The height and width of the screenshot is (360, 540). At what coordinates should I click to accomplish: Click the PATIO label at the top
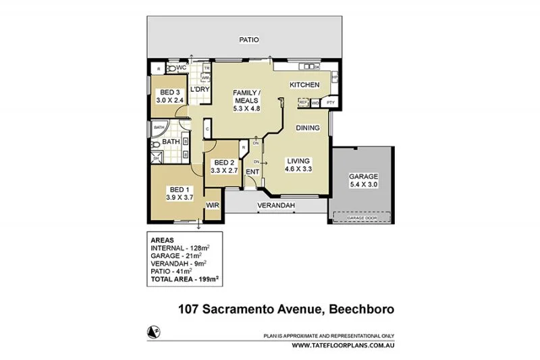pos(249,40)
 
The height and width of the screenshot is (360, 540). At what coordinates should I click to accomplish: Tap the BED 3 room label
pos(169,93)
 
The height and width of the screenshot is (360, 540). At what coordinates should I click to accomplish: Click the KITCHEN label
pos(304,85)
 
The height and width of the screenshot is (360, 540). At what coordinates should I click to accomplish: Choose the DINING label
pos(308,128)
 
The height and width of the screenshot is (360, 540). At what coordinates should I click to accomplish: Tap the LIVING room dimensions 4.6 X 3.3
pos(298,170)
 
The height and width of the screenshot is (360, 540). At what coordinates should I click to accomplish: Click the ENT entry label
pos(252,172)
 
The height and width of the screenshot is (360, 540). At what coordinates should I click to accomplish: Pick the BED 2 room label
pos(223,163)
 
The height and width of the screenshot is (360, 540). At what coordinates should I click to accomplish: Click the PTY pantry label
pos(330,102)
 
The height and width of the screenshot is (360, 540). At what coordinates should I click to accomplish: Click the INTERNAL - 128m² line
pos(181,249)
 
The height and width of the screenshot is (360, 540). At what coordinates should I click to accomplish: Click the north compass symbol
pos(153,330)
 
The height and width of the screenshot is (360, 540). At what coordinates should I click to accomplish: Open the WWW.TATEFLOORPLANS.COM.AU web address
pos(343,345)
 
